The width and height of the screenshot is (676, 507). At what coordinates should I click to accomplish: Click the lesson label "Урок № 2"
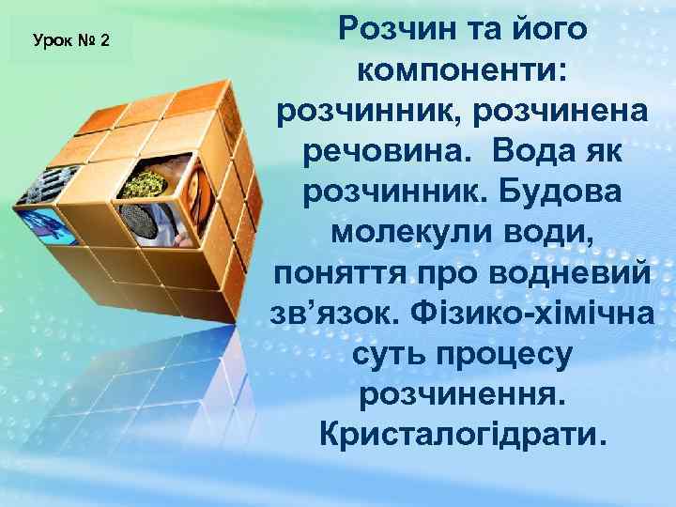[71, 40]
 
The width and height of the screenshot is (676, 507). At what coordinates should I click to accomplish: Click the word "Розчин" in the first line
[395, 28]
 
